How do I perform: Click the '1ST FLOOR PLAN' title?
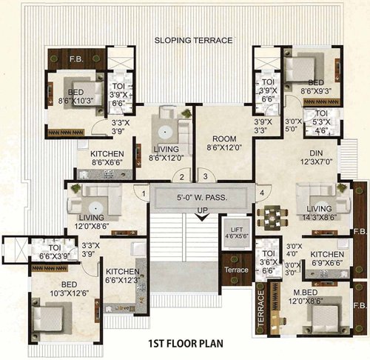point(184,344)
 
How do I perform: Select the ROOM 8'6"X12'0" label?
point(223,143)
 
